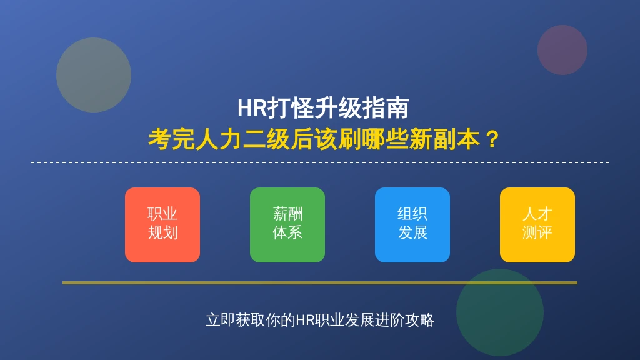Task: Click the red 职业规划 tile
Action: pyautogui.click(x=162, y=225)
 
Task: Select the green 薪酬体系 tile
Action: pyautogui.click(x=287, y=225)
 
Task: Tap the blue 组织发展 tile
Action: pyautogui.click(x=412, y=225)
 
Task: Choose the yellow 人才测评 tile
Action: pyautogui.click(x=537, y=225)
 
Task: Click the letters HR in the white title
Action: pyautogui.click(x=252, y=108)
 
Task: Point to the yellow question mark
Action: pyautogui.click(x=492, y=139)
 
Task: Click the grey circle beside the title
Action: pyautogui.click(x=94, y=75)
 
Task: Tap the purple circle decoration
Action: pyautogui.click(x=562, y=50)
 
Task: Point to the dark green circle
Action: pyautogui.click(x=499, y=312)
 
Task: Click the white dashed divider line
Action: pyautogui.click(x=320, y=162)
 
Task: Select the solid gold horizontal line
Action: pyautogui.click(x=320, y=282)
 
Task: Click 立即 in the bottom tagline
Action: pyautogui.click(x=221, y=320)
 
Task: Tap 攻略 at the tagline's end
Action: pyautogui.click(x=419, y=320)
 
